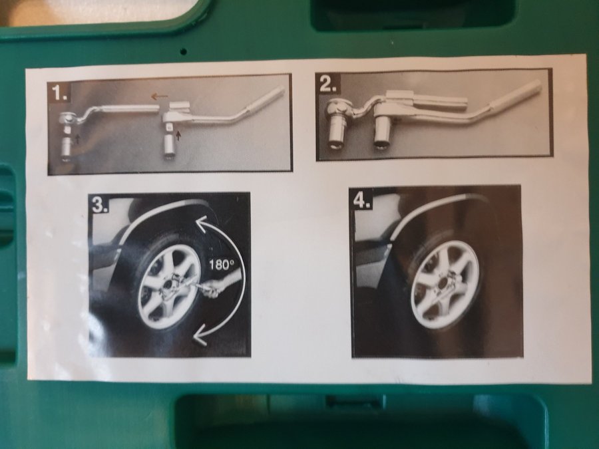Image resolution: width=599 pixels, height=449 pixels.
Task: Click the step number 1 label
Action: (x=61, y=92)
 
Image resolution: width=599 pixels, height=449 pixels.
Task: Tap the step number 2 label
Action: (x=329, y=84)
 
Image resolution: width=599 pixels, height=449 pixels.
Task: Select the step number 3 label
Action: (x=100, y=205)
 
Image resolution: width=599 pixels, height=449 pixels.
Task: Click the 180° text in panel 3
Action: (x=221, y=264)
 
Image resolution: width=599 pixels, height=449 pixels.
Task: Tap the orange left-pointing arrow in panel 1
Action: (x=160, y=96)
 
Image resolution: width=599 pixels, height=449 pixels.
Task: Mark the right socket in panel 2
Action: (x=384, y=134)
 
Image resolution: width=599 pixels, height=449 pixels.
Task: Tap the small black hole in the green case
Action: (x=184, y=51)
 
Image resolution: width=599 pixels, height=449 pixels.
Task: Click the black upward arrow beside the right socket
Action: (x=178, y=134)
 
